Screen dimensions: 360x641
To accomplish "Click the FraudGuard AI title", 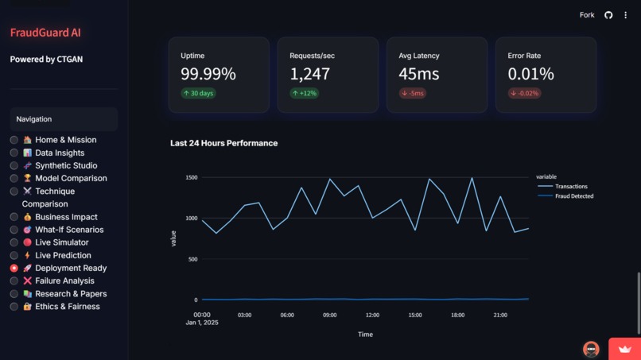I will (45, 33).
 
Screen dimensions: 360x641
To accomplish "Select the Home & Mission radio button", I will (14, 140).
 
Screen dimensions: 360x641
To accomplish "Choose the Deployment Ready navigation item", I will (70, 268).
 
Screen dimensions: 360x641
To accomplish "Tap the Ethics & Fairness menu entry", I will (67, 307).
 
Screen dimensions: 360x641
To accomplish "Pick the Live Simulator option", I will (61, 242).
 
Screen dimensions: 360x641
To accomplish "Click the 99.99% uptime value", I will (208, 74).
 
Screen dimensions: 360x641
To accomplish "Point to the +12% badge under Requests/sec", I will (304, 93).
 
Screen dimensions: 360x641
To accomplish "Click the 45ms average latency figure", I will (418, 74).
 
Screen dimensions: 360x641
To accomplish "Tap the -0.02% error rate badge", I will (525, 93).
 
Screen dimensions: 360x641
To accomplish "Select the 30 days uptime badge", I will (198, 93).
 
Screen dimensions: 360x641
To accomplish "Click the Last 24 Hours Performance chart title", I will (223, 143).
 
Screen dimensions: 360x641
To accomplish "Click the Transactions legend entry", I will (570, 186).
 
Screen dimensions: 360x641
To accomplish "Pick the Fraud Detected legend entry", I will (573, 195).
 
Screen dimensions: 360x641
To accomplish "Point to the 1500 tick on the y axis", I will (191, 177).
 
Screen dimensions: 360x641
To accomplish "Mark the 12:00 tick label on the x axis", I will (372, 315).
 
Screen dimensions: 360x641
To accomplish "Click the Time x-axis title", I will (365, 335).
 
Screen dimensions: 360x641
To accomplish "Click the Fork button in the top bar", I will (587, 15).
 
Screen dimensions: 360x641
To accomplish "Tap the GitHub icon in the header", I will (608, 15).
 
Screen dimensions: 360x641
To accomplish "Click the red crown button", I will (624, 349).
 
